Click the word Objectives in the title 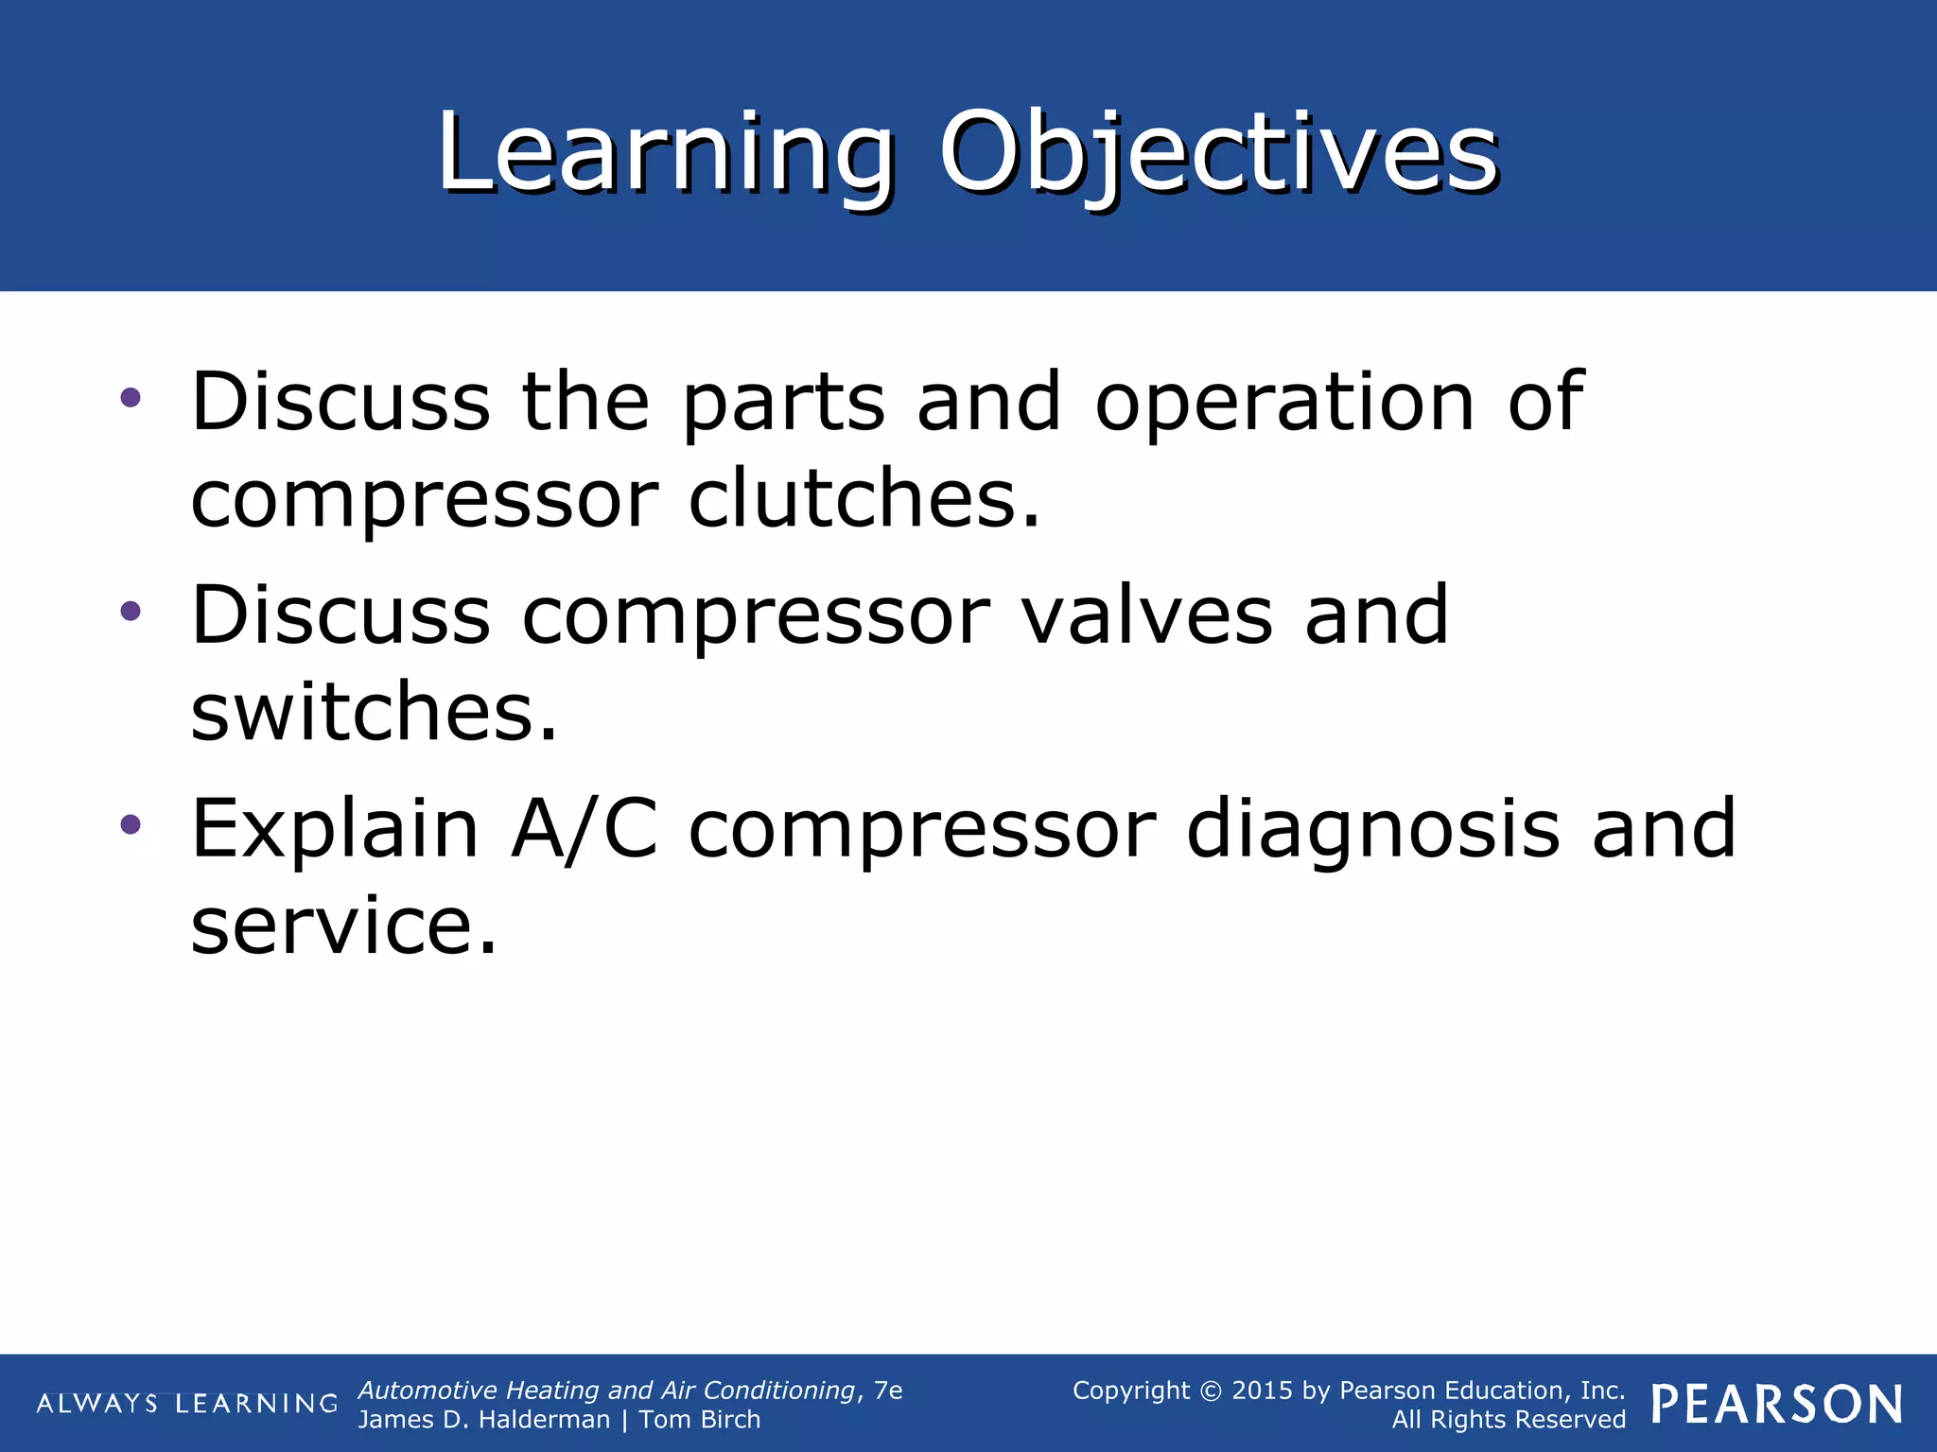pos(1218,154)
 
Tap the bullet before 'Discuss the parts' pos(131,398)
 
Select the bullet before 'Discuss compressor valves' pos(131,612)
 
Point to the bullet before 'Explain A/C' pos(131,825)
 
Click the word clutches pos(864,498)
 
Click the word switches pos(375,712)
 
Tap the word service pos(343,925)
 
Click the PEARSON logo pos(1776,1405)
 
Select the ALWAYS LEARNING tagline pos(187,1404)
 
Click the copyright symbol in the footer pos(1211,1391)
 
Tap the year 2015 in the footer pos(1264,1391)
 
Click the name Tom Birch pos(699,1420)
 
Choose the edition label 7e pos(888,1391)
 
